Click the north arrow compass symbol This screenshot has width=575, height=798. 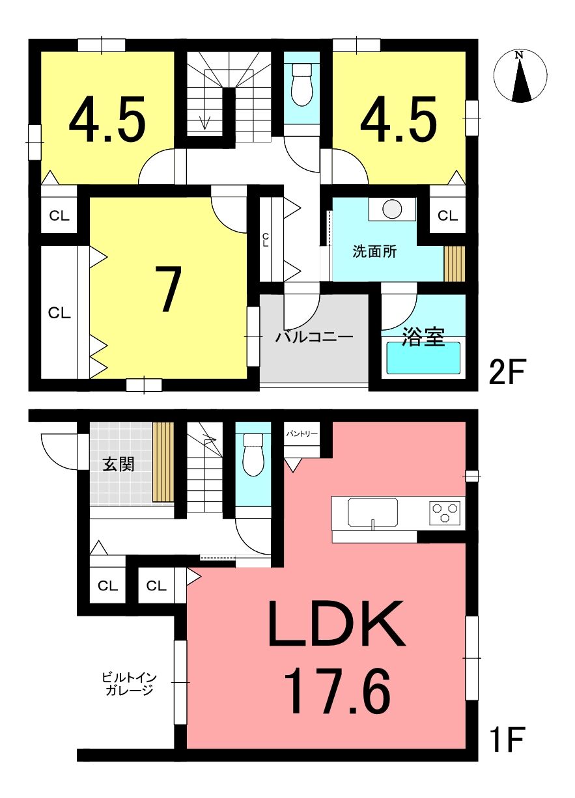point(520,76)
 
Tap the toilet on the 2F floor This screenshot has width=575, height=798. point(302,85)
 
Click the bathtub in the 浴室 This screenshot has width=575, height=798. point(423,357)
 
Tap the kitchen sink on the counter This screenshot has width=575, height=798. point(372,512)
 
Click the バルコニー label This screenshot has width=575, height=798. point(314,337)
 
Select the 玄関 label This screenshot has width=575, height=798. point(119,464)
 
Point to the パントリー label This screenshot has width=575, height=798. point(302,433)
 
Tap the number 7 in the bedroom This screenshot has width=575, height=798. point(167,289)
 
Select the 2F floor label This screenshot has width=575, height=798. point(507,372)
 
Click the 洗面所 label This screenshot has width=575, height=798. point(374,252)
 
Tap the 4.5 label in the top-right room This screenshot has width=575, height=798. point(399,119)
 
